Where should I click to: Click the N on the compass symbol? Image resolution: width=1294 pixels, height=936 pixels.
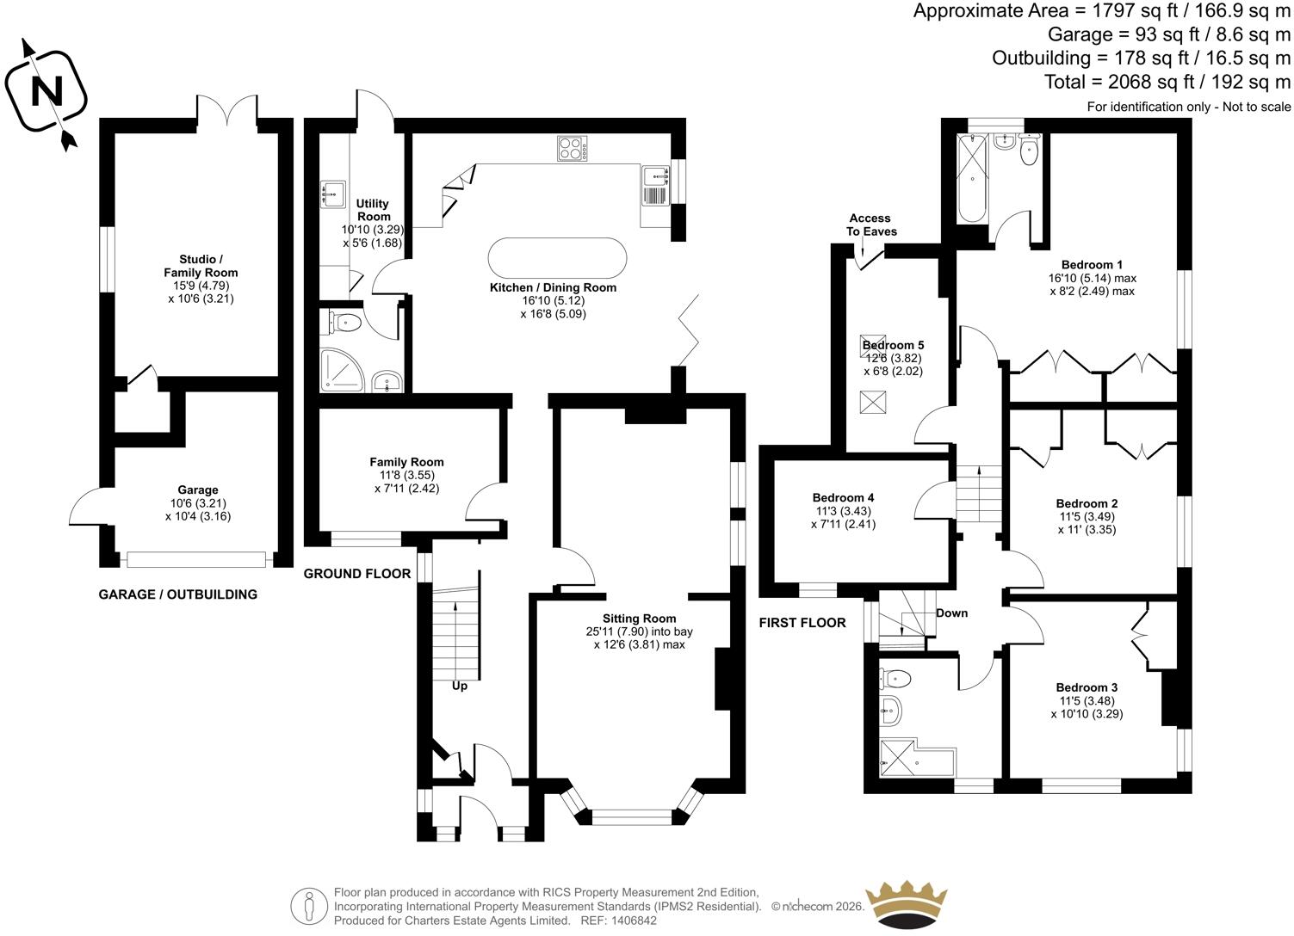(x=46, y=92)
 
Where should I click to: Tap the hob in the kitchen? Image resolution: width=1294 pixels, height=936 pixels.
(x=573, y=148)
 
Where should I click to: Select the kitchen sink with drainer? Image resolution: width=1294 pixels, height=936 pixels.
(x=655, y=185)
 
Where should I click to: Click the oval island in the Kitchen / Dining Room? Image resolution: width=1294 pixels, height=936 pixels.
(x=557, y=258)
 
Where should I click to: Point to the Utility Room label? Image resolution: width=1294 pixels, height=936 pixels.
(x=373, y=210)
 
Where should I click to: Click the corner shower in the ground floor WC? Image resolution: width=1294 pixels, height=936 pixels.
(x=342, y=370)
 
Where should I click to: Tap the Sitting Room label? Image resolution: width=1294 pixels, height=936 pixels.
(x=639, y=618)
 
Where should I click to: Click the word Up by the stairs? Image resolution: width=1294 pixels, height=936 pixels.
(x=459, y=687)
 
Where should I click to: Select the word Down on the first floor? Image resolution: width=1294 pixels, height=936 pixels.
(x=951, y=613)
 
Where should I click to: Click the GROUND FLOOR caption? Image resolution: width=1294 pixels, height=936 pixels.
(x=357, y=574)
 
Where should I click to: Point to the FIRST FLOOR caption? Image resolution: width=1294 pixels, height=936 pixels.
(x=802, y=623)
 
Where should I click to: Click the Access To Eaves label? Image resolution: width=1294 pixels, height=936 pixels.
(x=871, y=225)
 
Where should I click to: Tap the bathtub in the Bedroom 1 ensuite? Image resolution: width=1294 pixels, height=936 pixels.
(x=972, y=179)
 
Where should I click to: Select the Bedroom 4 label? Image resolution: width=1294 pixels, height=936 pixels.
(x=843, y=497)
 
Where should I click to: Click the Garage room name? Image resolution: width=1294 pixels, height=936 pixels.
(x=197, y=490)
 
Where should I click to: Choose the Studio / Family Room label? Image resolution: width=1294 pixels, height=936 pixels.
(x=201, y=266)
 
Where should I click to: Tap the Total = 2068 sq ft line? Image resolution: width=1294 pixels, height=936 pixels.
(x=1167, y=82)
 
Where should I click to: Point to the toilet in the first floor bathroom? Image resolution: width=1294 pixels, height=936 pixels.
(x=895, y=677)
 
